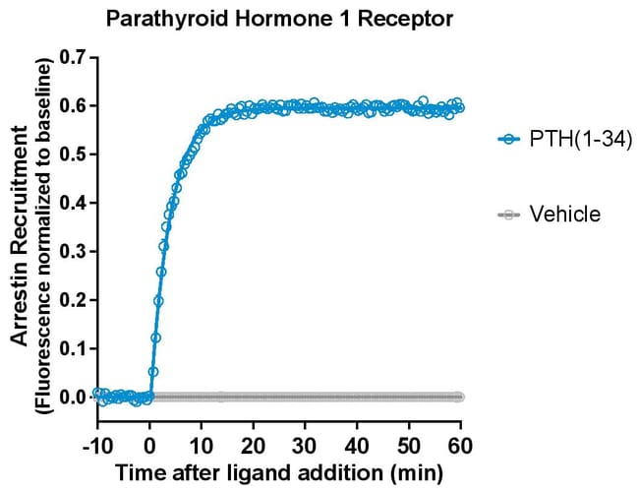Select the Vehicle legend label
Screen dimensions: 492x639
564,214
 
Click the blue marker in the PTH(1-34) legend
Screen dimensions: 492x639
508,141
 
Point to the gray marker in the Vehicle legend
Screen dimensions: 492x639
508,215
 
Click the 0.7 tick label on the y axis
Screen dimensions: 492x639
72,57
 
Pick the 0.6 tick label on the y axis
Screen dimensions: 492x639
72,105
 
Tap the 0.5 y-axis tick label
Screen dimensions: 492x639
72,154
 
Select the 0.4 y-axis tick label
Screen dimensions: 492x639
72,203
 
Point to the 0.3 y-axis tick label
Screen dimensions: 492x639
72,252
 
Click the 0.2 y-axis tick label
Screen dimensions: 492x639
72,300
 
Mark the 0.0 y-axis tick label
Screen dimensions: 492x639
72,398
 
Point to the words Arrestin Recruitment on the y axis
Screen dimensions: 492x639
20,240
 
